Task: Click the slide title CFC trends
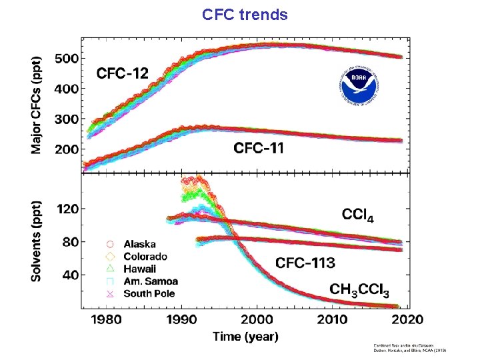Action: (x=245, y=14)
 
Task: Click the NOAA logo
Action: (x=361, y=86)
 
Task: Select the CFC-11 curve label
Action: (x=259, y=148)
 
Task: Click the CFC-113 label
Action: (x=305, y=262)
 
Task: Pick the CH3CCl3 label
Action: (x=359, y=290)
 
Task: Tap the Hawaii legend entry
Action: (x=138, y=269)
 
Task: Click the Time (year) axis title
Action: (x=246, y=337)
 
